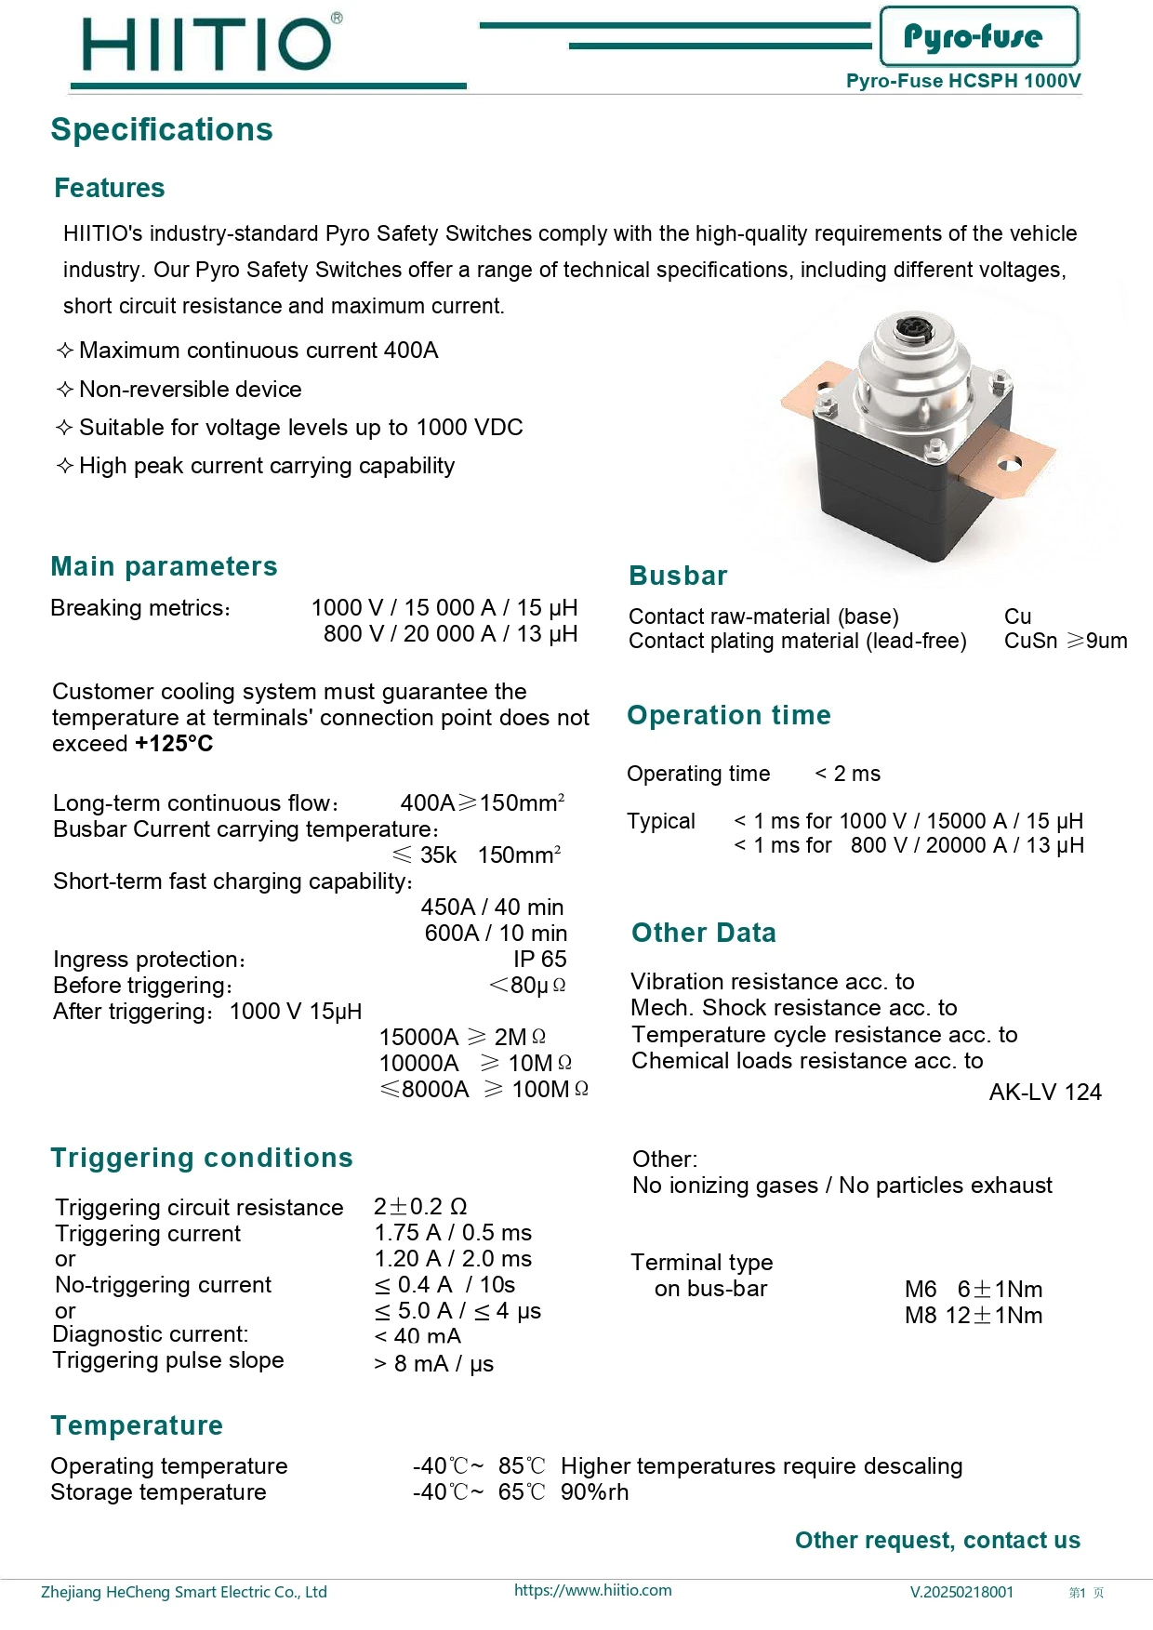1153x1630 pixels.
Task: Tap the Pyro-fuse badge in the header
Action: coord(978,36)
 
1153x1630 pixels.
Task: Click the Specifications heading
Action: coord(162,130)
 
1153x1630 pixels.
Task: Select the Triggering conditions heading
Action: coord(202,1158)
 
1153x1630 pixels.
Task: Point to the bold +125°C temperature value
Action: coord(174,744)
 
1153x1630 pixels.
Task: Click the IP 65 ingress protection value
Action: coord(539,960)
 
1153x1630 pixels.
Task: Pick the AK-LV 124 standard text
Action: coord(1044,1092)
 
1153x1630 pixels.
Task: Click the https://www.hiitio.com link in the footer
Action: coord(592,1590)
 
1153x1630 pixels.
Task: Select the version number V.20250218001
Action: coord(961,1592)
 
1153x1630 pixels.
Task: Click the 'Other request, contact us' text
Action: coord(937,1541)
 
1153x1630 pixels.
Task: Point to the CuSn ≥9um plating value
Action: coord(1065,641)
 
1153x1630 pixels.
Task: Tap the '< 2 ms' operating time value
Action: coord(847,774)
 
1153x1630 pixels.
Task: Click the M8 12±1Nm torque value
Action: coord(973,1316)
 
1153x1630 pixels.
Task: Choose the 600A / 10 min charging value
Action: coord(496,934)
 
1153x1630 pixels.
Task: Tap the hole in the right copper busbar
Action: coord(1009,463)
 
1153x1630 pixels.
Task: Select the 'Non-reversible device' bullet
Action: coord(190,390)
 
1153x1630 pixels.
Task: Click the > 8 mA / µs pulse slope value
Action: coord(433,1364)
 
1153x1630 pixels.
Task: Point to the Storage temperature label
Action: coord(158,1492)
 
